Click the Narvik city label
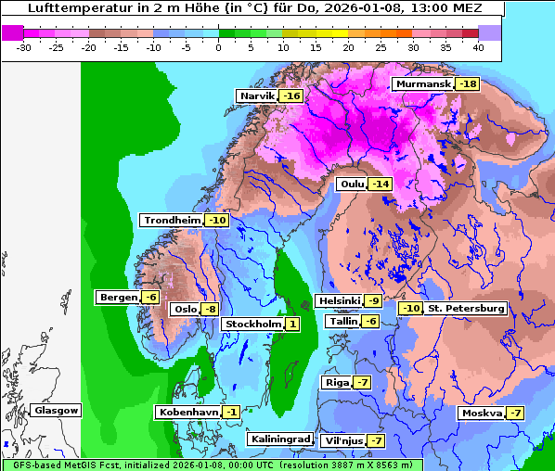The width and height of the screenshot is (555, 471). (x=258, y=96)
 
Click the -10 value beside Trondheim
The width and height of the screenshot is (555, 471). (x=216, y=221)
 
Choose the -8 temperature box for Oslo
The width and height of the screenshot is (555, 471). (x=211, y=310)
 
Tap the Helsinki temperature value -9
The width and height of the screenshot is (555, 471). (x=372, y=301)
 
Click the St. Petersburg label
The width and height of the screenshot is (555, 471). (x=466, y=309)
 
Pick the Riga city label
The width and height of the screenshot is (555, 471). (x=335, y=383)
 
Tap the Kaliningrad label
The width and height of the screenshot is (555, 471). (x=279, y=439)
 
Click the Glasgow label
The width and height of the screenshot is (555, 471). (x=57, y=411)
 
